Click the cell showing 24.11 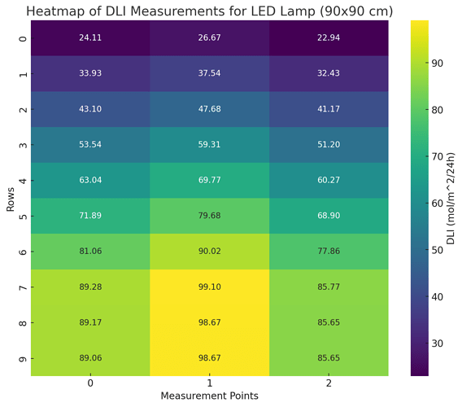(89, 38)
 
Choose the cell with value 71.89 (89, 216)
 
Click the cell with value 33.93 (89, 74)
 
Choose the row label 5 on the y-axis (23, 216)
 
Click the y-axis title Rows (10, 198)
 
